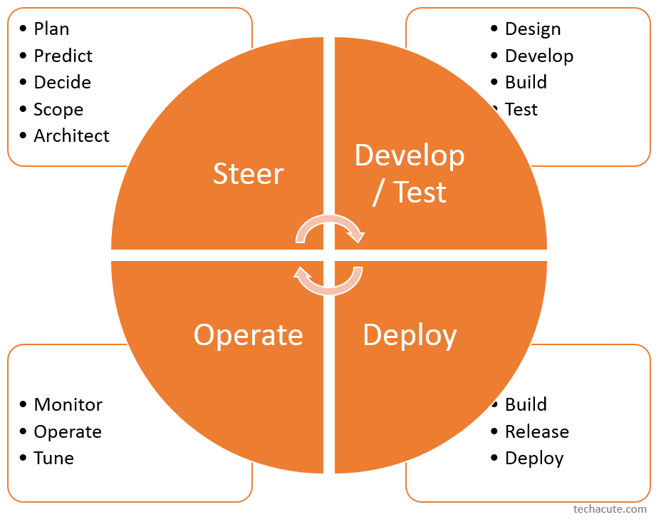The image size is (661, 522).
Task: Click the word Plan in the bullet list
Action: pyautogui.click(x=51, y=29)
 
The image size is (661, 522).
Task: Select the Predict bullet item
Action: pyautogui.click(x=63, y=56)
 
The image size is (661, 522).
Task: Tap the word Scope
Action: pyautogui.click(x=58, y=110)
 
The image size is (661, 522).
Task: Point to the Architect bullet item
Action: pyautogui.click(x=71, y=136)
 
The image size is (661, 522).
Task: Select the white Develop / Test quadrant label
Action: pyautogui.click(x=410, y=174)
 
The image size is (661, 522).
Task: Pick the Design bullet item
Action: pyautogui.click(x=532, y=29)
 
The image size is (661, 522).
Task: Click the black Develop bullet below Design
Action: pyautogui.click(x=538, y=56)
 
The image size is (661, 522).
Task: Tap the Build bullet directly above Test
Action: pyautogui.click(x=526, y=83)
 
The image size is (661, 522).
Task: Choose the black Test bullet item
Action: pyautogui.click(x=521, y=110)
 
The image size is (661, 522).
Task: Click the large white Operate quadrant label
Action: pyautogui.click(x=248, y=335)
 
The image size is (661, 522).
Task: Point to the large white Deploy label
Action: pyautogui.click(x=410, y=335)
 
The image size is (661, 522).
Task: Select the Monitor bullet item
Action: pyautogui.click(x=68, y=405)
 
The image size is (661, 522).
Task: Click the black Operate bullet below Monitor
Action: pyautogui.click(x=68, y=432)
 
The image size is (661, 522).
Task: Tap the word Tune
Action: pyautogui.click(x=53, y=459)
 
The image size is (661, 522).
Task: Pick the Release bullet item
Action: pyautogui.click(x=536, y=432)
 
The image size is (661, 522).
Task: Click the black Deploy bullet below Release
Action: pyautogui.click(x=534, y=459)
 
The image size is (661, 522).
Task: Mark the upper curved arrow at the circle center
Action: pyautogui.click(x=330, y=227)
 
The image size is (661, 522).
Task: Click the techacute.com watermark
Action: pyautogui.click(x=610, y=509)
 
